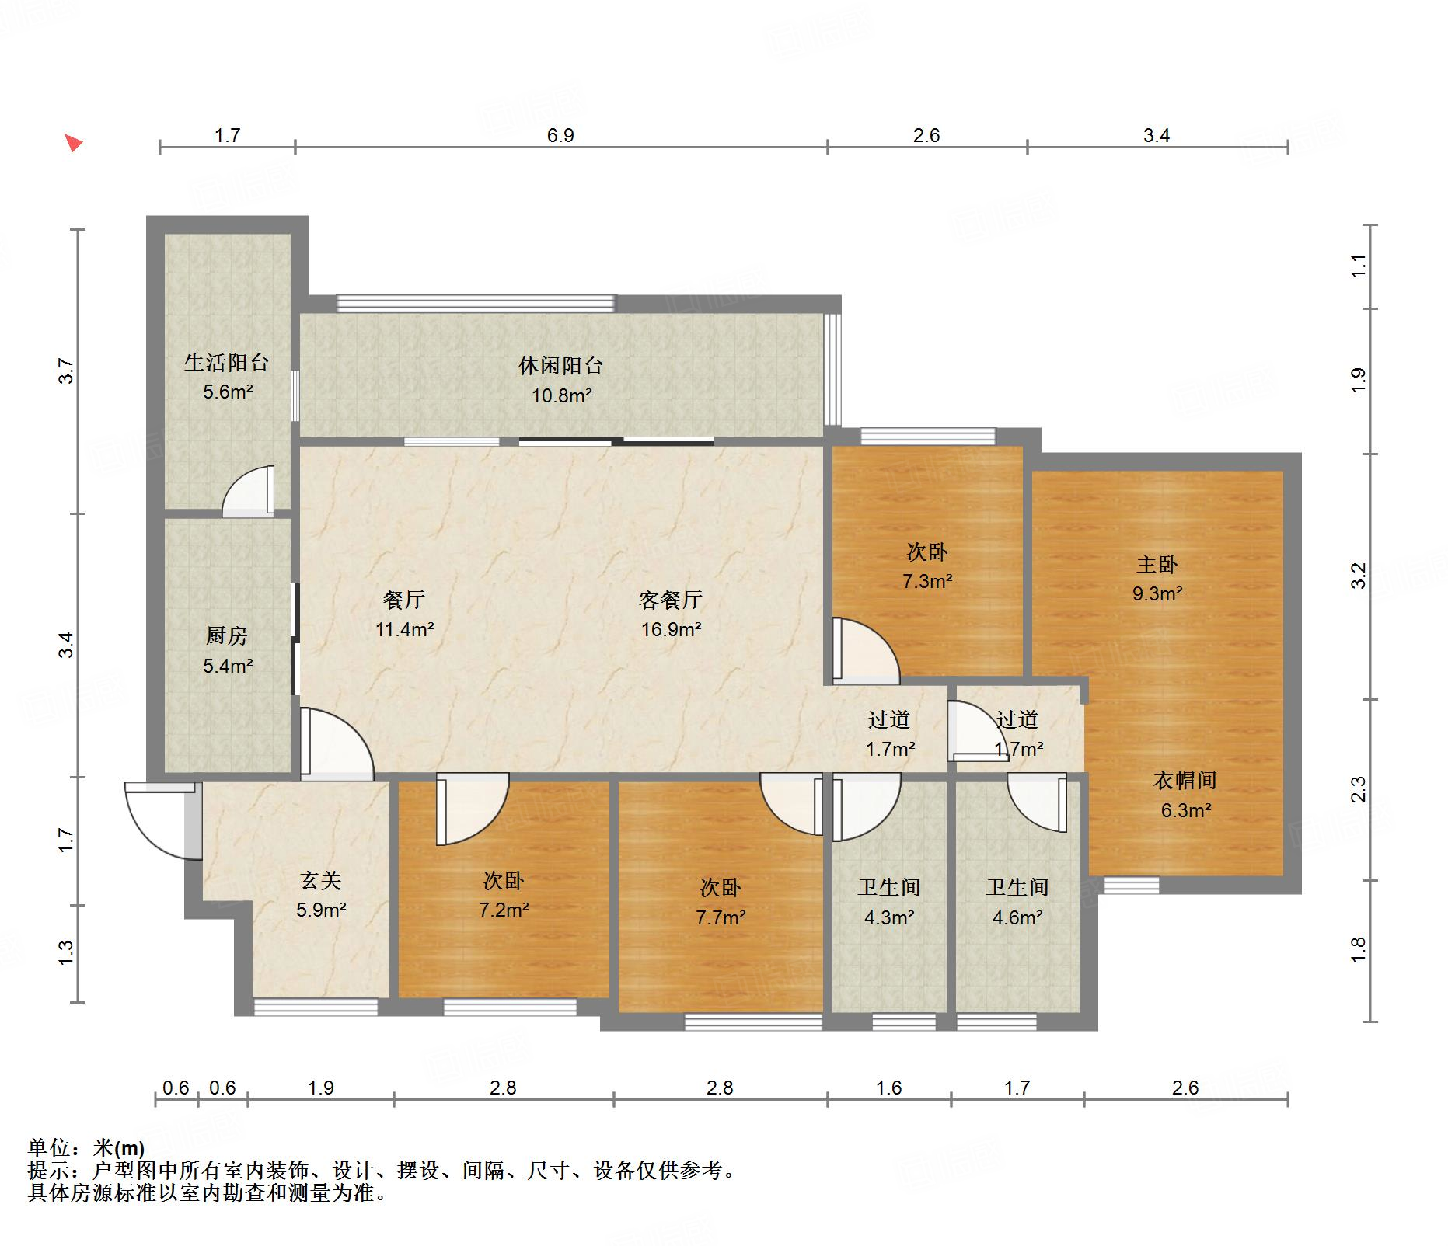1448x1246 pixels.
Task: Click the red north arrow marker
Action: [73, 143]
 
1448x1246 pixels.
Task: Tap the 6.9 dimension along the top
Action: [560, 136]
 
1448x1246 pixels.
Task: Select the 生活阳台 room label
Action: [227, 363]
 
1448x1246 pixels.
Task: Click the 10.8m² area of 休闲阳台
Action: [561, 396]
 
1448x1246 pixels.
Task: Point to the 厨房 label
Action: [227, 636]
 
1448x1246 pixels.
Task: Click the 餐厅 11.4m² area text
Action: [404, 629]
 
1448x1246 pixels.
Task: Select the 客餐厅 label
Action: [670, 600]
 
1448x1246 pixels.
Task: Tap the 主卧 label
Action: [1157, 565]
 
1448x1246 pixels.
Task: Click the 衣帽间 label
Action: [1185, 781]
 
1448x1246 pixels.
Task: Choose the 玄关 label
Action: [321, 880]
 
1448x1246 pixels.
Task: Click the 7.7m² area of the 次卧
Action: [721, 917]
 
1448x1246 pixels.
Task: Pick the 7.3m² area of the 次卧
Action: [927, 582]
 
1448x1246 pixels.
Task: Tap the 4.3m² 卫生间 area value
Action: [889, 917]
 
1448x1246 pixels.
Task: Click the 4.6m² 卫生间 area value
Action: [1017, 917]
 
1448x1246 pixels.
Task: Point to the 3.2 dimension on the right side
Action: [1358, 576]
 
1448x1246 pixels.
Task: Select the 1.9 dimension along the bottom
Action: [320, 1088]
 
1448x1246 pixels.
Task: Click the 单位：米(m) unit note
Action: [86, 1147]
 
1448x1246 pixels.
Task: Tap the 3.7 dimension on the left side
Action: [67, 371]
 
